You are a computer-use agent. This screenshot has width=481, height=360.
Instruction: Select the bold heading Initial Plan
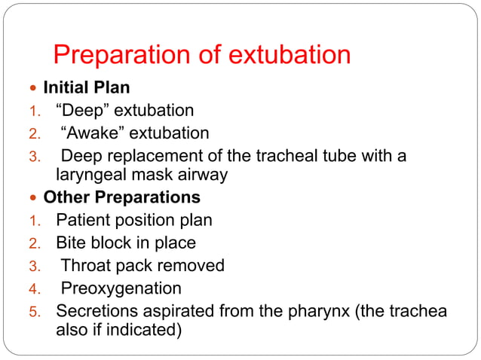[87, 87]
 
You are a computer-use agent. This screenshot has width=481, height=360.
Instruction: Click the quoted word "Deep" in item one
[82, 111]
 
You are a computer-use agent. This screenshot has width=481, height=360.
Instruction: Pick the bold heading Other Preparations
[121, 198]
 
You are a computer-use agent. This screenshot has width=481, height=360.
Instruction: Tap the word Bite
[70, 243]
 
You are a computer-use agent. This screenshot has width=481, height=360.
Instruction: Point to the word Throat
[84, 265]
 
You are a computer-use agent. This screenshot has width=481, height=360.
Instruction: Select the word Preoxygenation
[121, 288]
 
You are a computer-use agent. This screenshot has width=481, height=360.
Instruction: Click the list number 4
[33, 288]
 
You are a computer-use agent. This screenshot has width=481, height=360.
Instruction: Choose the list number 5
[33, 310]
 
